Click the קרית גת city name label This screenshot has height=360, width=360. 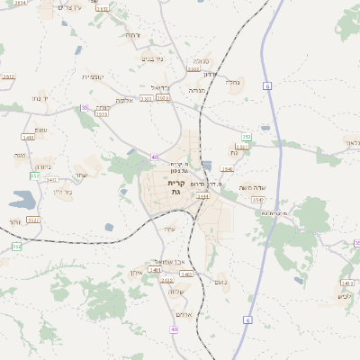(175, 186)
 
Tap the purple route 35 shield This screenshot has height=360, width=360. (85, 107)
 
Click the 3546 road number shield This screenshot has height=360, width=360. (227, 168)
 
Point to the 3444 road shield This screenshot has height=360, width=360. (202, 194)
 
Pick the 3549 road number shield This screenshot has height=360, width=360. (258, 199)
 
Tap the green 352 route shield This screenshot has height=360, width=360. (16, 246)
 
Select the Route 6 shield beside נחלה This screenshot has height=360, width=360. (267, 85)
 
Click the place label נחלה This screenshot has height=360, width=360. (233, 82)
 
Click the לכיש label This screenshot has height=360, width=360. (343, 296)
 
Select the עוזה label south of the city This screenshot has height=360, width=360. (170, 229)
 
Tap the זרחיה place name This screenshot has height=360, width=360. (132, 34)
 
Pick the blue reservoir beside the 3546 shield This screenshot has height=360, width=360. (208, 166)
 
